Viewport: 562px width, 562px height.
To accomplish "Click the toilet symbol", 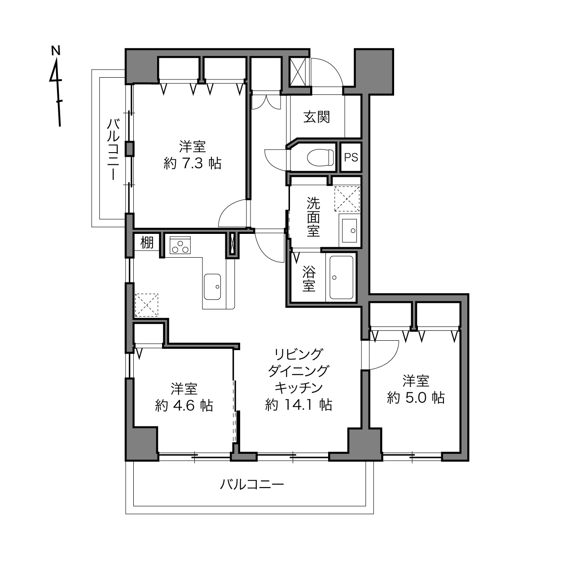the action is (320, 158).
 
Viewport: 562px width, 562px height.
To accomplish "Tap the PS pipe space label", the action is (351, 158).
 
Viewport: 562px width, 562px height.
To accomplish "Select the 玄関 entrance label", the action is (316, 117).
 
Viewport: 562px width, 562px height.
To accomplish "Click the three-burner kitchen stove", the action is (180, 245).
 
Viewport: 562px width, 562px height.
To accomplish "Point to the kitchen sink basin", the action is (212, 287).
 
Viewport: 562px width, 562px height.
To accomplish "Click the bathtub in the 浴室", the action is (341, 277).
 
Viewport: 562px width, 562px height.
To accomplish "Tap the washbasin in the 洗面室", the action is (349, 231).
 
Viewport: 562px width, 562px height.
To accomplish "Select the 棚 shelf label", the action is (147, 242).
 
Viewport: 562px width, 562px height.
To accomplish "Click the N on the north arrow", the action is (56, 50).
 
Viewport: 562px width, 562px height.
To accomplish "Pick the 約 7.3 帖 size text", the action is (193, 163).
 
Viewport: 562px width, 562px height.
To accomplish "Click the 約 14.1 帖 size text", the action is (299, 405).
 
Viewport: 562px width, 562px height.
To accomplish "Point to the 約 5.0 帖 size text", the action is (416, 398).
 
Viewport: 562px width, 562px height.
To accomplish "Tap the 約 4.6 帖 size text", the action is (184, 406).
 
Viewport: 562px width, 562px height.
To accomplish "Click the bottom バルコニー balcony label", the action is (252, 485).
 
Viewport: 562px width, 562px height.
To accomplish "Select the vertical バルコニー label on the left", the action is (113, 149).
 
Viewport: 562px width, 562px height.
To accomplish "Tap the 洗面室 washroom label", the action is (313, 217).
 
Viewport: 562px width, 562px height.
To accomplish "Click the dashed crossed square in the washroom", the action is (347, 198).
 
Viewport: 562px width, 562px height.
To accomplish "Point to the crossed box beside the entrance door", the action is (297, 72).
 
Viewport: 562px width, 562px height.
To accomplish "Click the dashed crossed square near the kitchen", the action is (146, 305).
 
